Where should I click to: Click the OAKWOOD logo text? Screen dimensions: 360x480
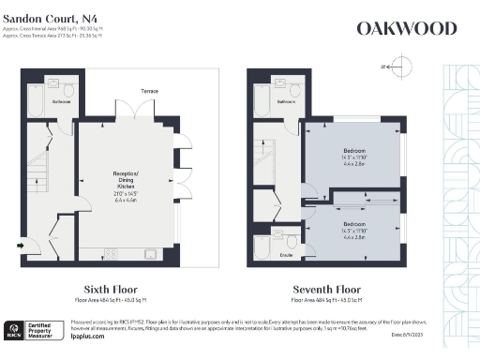pyautogui.click(x=407, y=28)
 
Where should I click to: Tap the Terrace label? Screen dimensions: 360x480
pyautogui.click(x=149, y=91)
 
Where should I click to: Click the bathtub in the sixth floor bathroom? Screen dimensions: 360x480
pyautogui.click(x=36, y=102)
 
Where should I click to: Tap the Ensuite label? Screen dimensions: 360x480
pyautogui.click(x=287, y=254)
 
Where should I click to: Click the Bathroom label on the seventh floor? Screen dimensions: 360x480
pyautogui.click(x=287, y=100)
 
